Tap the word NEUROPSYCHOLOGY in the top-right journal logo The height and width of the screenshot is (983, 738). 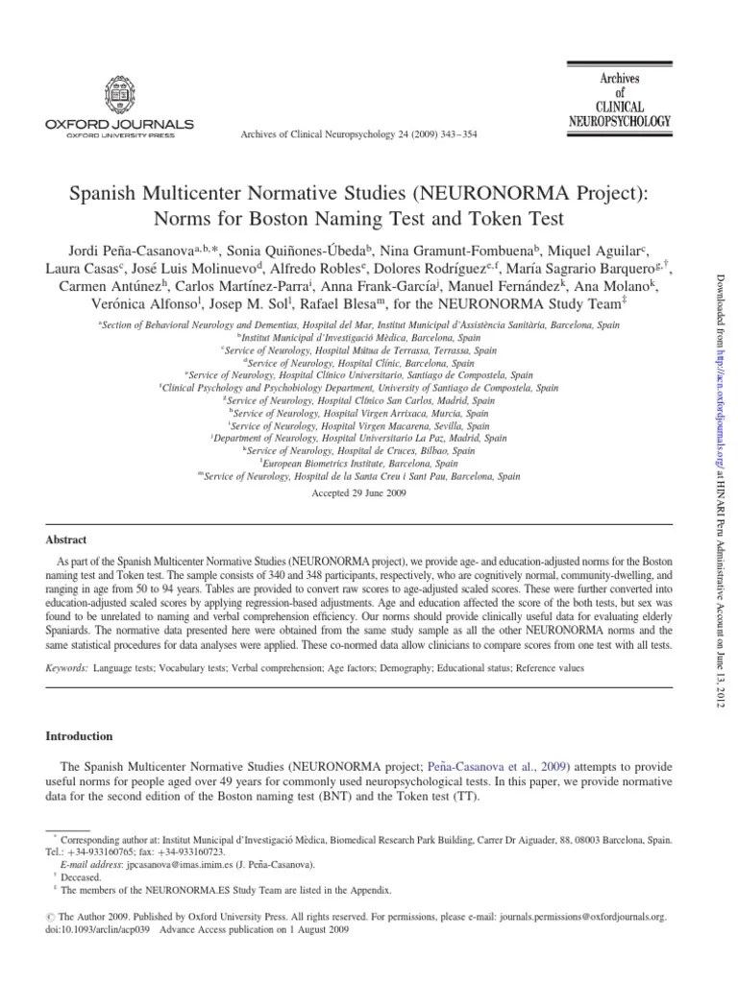point(619,122)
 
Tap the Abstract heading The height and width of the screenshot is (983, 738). point(66,540)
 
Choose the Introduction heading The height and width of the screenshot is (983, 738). point(80,736)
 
